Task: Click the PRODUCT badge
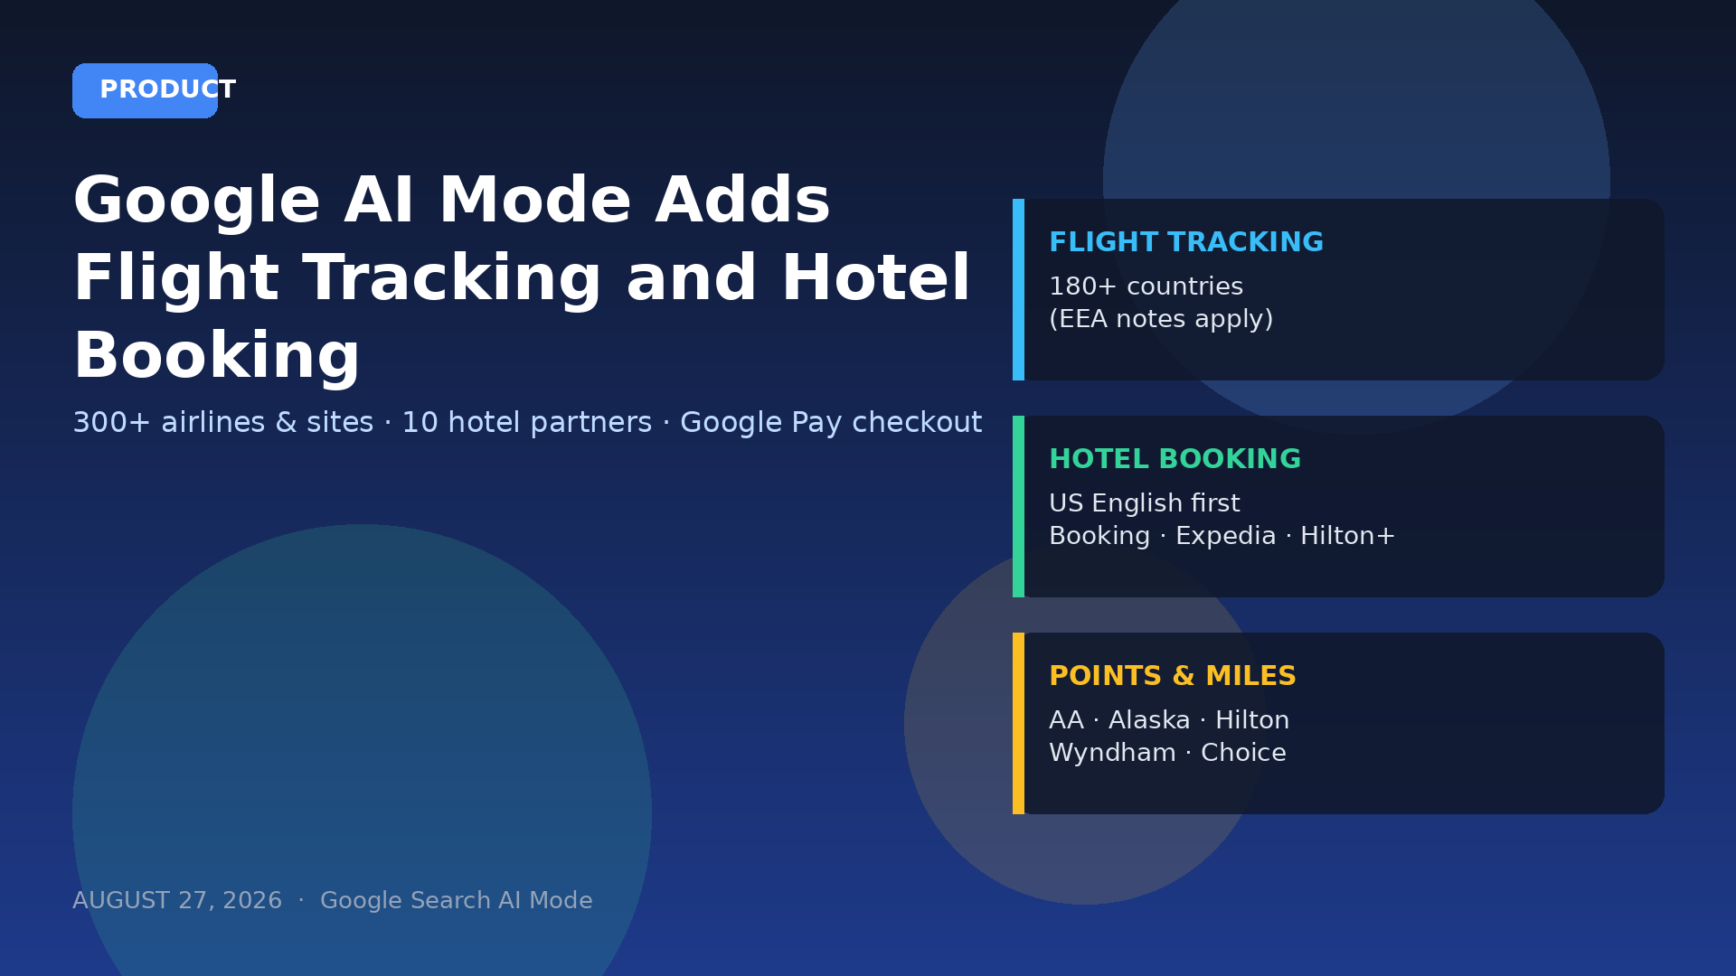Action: click(145, 90)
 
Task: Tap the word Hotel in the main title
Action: click(875, 277)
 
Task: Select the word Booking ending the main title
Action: click(217, 357)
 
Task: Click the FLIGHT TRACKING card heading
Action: click(1185, 242)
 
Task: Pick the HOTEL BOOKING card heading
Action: click(1175, 459)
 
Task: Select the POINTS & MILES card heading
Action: click(1172, 676)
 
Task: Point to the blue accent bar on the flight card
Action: click(1018, 289)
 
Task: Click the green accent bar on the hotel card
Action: click(1018, 506)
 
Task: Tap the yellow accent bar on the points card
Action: click(1018, 723)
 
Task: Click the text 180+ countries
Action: click(1146, 286)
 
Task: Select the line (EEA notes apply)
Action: click(1161, 320)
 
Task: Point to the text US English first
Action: click(1144, 503)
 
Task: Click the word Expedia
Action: click(1225, 537)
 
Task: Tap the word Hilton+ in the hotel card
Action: click(1347, 536)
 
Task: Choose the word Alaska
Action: click(1149, 720)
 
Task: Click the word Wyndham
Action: click(1112, 754)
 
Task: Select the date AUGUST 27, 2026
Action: click(177, 901)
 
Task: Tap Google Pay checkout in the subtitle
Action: click(830, 423)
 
